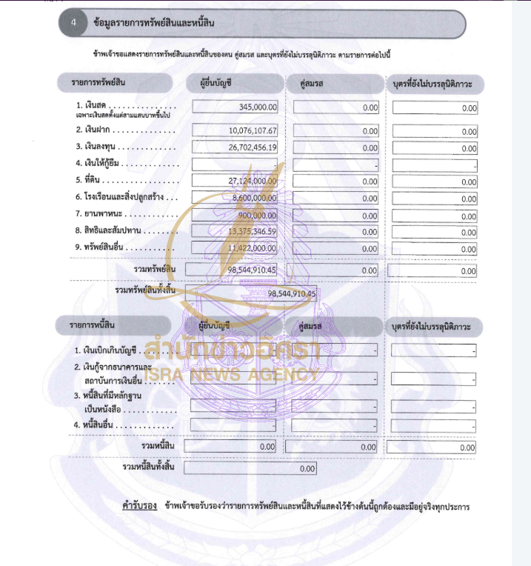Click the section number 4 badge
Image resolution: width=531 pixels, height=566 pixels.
point(73,23)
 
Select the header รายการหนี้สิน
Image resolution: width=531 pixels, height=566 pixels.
point(93,325)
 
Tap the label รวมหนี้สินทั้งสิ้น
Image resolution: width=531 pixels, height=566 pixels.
point(148,467)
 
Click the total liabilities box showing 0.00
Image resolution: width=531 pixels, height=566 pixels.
point(250,469)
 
